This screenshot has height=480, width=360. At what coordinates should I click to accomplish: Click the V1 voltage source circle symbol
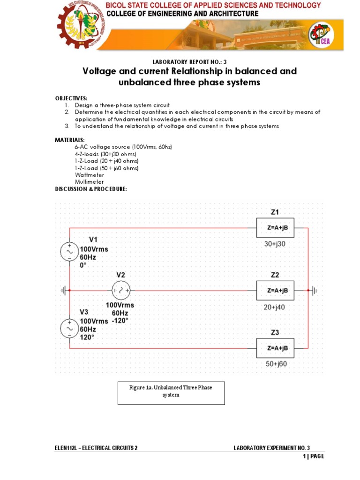tap(69, 252)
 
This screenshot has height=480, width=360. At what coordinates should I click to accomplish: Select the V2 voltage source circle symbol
tap(121, 291)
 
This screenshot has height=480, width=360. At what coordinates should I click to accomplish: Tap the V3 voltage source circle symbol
tap(69, 329)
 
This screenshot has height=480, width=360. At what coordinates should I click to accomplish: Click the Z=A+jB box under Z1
tap(275, 228)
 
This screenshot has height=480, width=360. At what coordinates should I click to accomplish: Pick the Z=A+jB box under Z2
tap(275, 291)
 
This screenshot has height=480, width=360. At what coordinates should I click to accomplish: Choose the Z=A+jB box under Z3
tap(275, 348)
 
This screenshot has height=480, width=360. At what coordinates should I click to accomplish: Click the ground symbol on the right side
tap(314, 291)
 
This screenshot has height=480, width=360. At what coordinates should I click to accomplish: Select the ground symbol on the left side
tap(63, 291)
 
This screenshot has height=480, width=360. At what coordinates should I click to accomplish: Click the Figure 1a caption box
tap(171, 393)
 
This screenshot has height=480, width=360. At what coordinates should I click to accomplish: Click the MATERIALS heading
tap(70, 140)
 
